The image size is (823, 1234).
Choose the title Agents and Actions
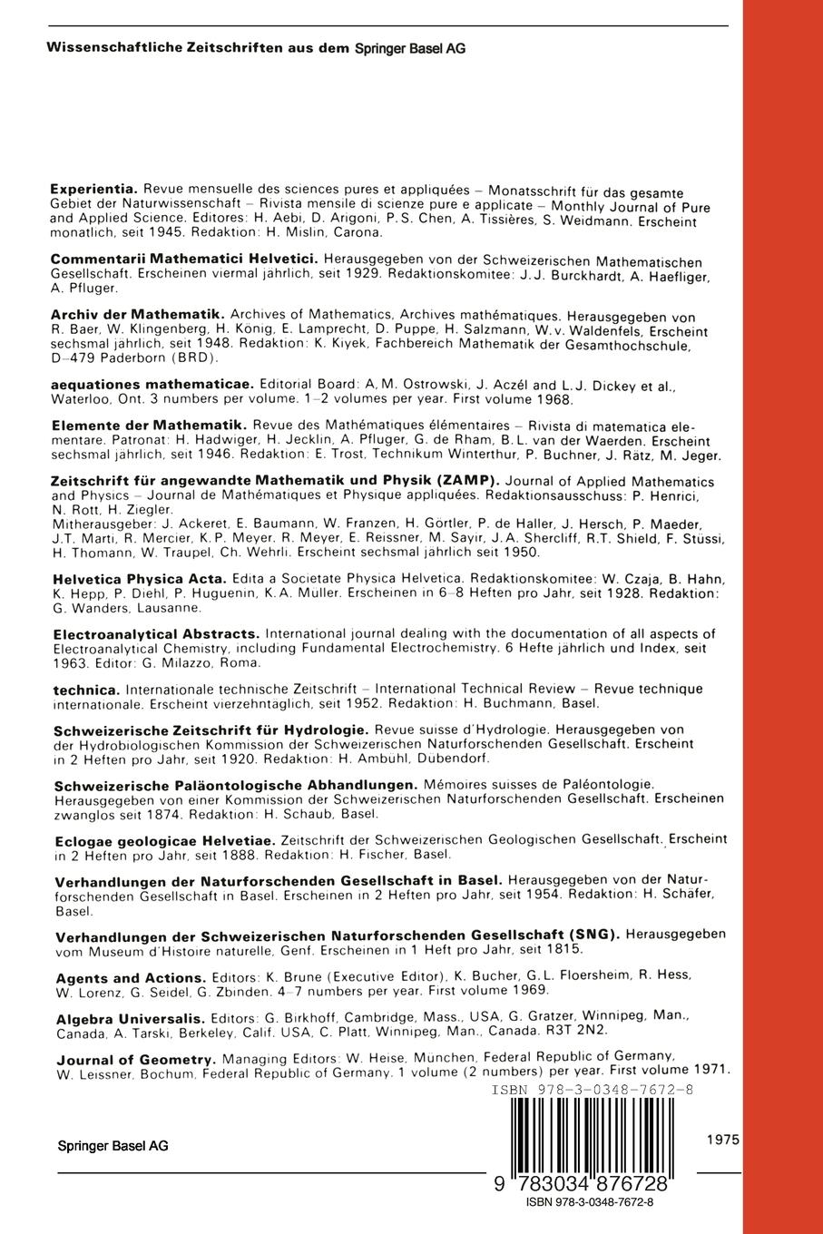point(131,978)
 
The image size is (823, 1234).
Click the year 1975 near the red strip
point(723,1139)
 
